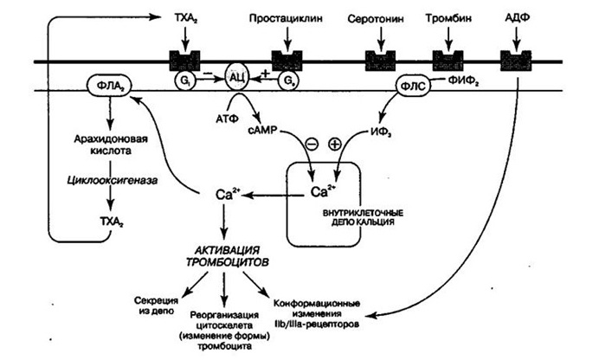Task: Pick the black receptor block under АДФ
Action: pos(515,61)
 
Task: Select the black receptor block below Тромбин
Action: pos(448,61)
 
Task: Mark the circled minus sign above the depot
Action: pos(310,144)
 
